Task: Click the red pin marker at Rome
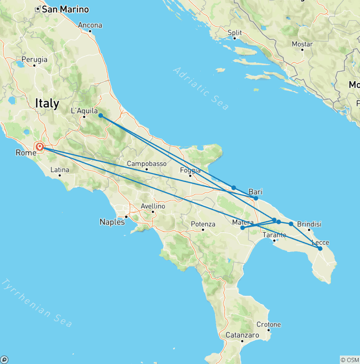click(40, 147)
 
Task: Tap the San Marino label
click(65, 9)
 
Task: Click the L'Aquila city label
click(84, 111)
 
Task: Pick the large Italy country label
click(47, 103)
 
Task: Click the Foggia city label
click(191, 171)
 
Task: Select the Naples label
click(112, 222)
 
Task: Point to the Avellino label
click(153, 206)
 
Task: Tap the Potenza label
click(203, 224)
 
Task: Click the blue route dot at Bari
click(255, 198)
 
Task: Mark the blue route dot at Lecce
click(320, 249)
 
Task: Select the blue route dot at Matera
click(242, 228)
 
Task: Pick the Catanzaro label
click(242, 335)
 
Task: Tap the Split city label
click(234, 33)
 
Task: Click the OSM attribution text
click(349, 360)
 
